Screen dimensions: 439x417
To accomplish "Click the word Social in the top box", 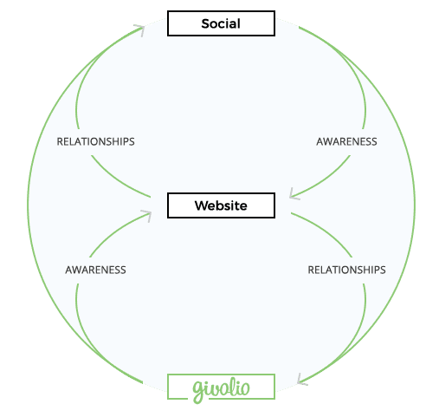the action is tap(221, 23).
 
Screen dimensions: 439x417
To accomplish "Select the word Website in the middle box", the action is tap(221, 205).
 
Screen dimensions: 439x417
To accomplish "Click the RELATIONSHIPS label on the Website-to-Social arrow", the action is tap(95, 141).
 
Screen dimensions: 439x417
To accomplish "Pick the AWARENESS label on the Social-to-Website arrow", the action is tap(346, 141).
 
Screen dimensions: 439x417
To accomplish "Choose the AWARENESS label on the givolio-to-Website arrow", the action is tap(95, 270).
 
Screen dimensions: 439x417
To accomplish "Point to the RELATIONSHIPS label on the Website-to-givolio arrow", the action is tap(346, 270).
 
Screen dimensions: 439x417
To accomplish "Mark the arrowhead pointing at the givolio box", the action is tap(302, 380).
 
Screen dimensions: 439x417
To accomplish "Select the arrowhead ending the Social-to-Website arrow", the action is tap(294, 194).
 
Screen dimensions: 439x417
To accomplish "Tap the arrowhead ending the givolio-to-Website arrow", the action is tap(146, 216).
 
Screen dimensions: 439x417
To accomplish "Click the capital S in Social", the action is tap(205, 23).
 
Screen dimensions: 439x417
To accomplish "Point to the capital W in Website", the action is tap(201, 205).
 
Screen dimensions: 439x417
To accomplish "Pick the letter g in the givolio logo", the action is tap(197, 392).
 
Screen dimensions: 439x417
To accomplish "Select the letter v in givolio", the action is tap(215, 389).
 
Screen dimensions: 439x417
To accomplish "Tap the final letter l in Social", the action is tap(239, 23).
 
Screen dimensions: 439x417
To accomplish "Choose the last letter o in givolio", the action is tap(245, 389).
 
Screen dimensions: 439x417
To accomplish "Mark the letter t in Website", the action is tap(237, 206).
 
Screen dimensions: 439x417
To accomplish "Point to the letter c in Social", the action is tap(223, 25).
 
